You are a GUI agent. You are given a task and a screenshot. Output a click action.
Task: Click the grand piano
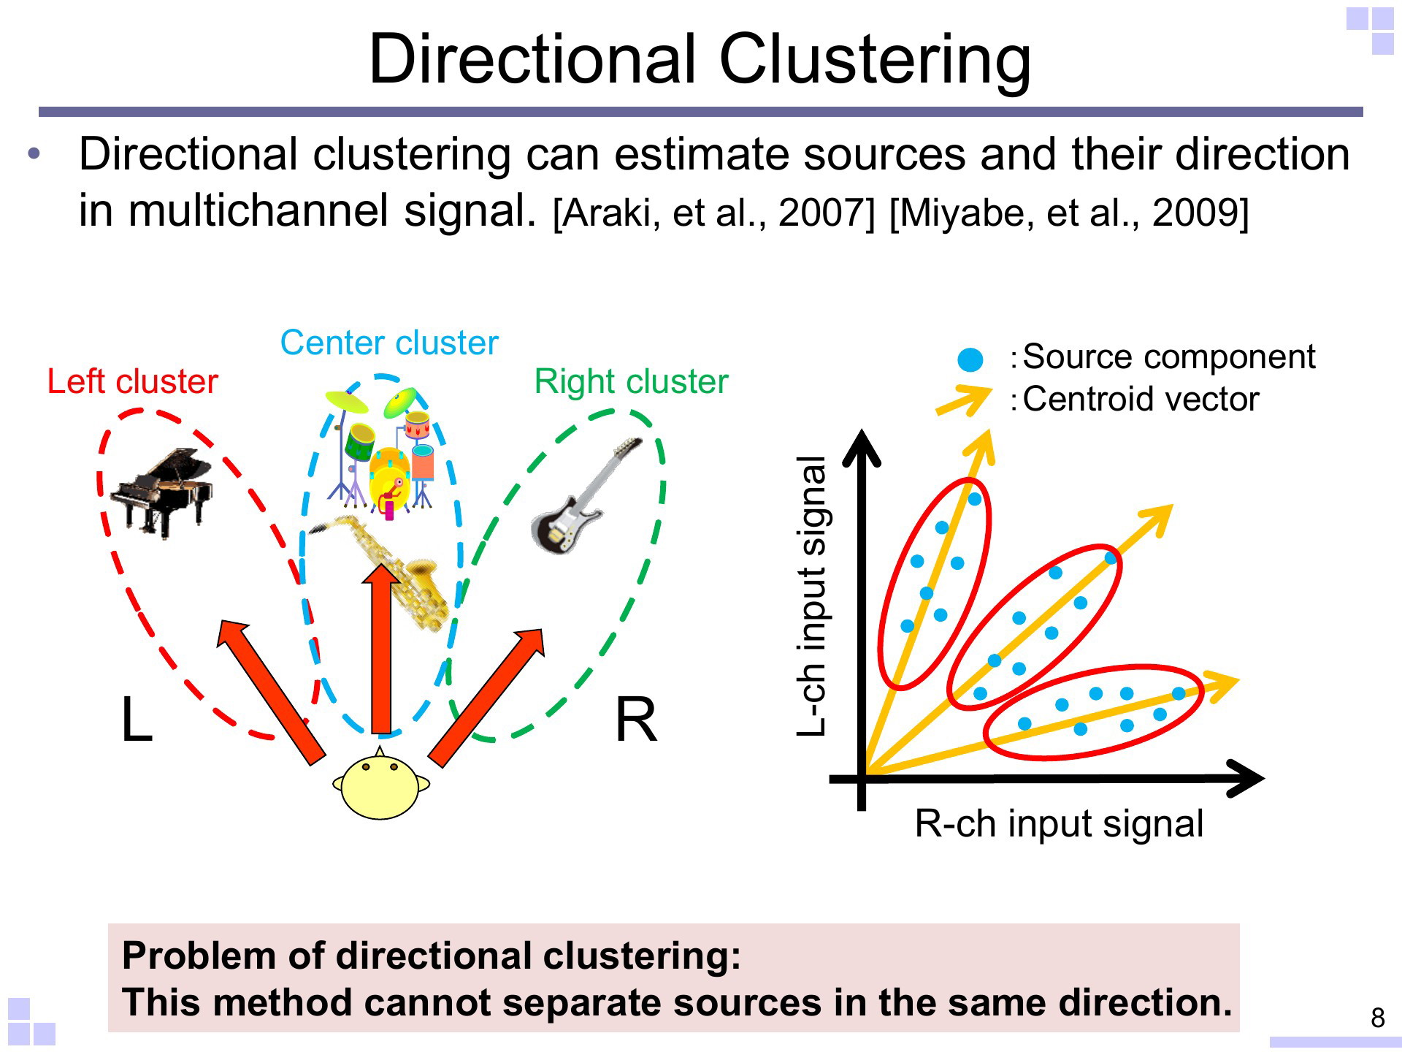pyautogui.click(x=161, y=492)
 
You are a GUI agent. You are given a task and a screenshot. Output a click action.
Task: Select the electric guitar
pyautogui.click(x=586, y=496)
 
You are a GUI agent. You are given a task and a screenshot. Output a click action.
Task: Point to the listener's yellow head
pyautogui.click(x=380, y=785)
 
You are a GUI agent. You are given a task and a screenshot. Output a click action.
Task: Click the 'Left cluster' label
pyautogui.click(x=132, y=381)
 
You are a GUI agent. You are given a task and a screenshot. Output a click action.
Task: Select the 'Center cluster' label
pyautogui.click(x=389, y=343)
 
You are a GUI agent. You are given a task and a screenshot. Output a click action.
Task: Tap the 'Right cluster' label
pyautogui.click(x=632, y=381)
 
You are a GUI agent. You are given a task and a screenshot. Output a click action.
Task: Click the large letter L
pyautogui.click(x=137, y=720)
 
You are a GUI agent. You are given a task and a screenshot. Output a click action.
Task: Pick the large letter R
pyautogui.click(x=636, y=720)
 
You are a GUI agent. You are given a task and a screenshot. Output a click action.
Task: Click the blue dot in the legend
pyautogui.click(x=970, y=359)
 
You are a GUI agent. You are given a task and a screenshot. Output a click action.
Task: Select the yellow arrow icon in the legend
pyautogui.click(x=964, y=400)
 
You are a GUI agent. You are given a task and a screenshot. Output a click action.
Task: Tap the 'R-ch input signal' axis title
pyautogui.click(x=1059, y=824)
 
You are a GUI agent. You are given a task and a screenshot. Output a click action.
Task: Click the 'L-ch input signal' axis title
pyautogui.click(x=812, y=595)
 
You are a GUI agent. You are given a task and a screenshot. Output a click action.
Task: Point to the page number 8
pyautogui.click(x=1377, y=1018)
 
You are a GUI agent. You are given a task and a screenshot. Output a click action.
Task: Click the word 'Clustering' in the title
pyautogui.click(x=875, y=60)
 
